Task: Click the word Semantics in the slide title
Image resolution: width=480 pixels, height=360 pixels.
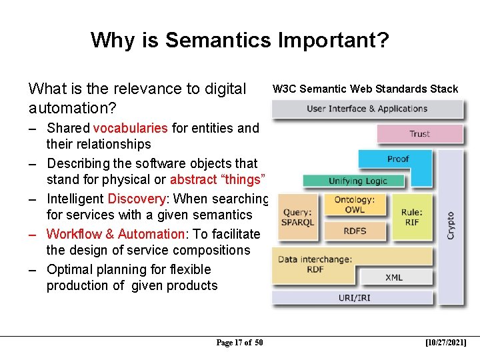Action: pyautogui.click(x=217, y=41)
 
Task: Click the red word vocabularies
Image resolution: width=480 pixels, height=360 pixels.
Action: pyautogui.click(x=131, y=128)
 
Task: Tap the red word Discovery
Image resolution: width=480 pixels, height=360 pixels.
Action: pyautogui.click(x=136, y=199)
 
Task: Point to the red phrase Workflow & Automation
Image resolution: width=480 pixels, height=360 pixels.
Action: pyautogui.click(x=115, y=234)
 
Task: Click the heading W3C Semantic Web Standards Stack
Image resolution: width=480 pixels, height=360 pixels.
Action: pyautogui.click(x=365, y=89)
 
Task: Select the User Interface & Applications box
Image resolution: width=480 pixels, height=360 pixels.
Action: pyautogui.click(x=367, y=109)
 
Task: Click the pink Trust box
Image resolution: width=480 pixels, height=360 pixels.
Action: pyautogui.click(x=419, y=133)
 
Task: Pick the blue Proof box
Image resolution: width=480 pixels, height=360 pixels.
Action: pyautogui.click(x=398, y=159)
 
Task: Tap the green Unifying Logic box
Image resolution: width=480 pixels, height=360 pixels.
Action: pyautogui.click(x=357, y=181)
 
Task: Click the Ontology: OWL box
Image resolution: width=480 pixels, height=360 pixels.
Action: pyautogui.click(x=354, y=205)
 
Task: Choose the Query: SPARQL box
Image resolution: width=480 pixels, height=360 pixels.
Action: pyautogui.click(x=297, y=217)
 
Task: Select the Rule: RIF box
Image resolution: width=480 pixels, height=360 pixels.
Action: pyautogui.click(x=411, y=217)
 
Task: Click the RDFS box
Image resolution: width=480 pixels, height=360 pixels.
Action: pyautogui.click(x=354, y=231)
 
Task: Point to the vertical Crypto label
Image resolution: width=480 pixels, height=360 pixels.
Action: pyautogui.click(x=451, y=225)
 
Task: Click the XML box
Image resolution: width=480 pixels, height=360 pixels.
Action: pyautogui.click(x=394, y=277)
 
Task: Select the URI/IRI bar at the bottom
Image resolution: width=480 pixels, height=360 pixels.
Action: pyautogui.click(x=353, y=297)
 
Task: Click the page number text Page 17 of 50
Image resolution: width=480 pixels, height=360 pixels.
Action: pyautogui.click(x=239, y=343)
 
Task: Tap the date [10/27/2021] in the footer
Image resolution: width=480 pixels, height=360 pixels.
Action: pyautogui.click(x=445, y=343)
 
